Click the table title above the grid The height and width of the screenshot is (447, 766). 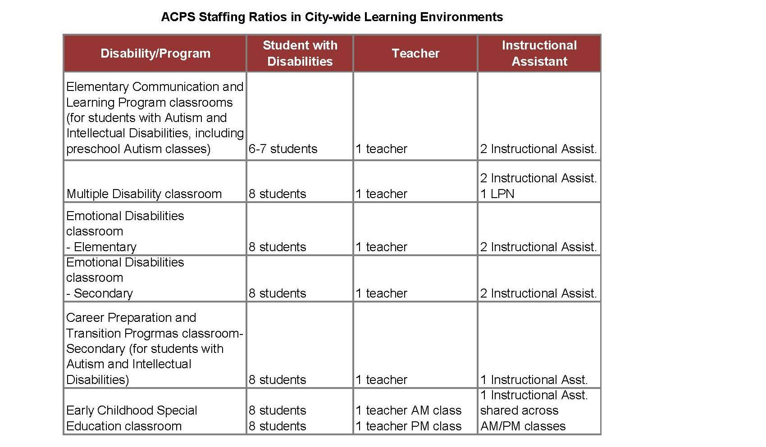pos(332,17)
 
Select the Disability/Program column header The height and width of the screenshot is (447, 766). pos(155,54)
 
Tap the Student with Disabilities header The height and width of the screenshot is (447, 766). pos(300,53)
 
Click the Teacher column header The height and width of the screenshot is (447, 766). pos(415,54)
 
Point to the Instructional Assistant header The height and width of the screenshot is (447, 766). pos(539,53)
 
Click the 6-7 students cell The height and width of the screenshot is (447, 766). pos(283,149)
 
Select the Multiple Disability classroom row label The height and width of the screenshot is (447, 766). pos(144,194)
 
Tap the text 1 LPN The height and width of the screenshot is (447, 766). pos(497,194)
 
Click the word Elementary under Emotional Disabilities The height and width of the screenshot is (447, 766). pos(105,247)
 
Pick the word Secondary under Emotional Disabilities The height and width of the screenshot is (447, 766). pos(103,293)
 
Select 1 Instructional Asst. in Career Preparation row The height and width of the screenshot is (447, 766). pos(534,380)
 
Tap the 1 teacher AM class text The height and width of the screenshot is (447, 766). pos(409,411)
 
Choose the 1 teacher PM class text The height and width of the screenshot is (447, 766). pos(409,426)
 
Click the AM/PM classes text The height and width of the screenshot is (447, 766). pos(523,426)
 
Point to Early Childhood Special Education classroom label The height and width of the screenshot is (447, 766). pos(132,418)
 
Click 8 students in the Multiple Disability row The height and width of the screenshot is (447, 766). pos(277,194)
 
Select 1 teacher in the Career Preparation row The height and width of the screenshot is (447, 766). pos(381,380)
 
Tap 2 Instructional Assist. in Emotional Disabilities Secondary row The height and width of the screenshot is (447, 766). pos(538,293)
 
